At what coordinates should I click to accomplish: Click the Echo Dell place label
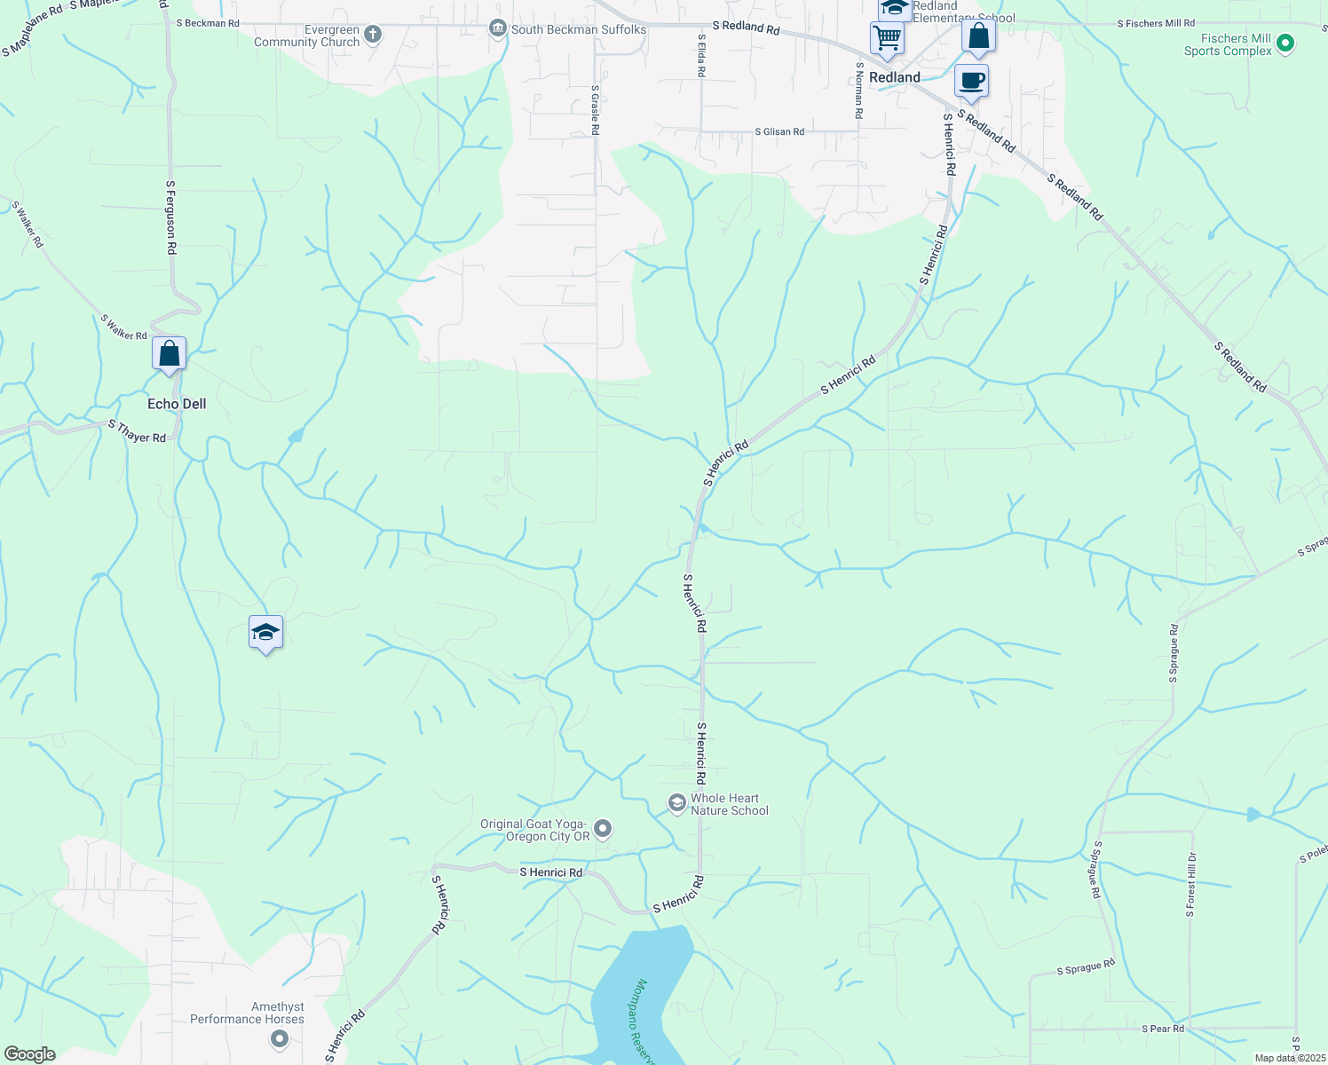[x=177, y=404]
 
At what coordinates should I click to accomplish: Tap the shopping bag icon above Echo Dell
[x=169, y=354]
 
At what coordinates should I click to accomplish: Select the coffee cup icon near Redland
[x=971, y=81]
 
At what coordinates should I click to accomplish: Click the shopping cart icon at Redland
[x=887, y=39]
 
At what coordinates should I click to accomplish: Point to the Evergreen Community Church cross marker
[x=373, y=35]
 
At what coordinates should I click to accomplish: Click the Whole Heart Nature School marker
[x=677, y=803]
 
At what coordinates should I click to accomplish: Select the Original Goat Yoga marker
[x=603, y=829]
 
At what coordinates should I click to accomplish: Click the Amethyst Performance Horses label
[x=247, y=1013]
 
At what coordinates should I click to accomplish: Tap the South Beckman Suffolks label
[x=578, y=29]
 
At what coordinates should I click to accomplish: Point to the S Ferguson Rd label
[x=170, y=218]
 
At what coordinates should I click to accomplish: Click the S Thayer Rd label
[x=137, y=431]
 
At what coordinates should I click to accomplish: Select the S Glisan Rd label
[x=779, y=131]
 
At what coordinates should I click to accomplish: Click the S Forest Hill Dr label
[x=1190, y=885]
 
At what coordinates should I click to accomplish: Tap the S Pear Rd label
[x=1163, y=1029]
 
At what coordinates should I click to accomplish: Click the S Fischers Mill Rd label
[x=1156, y=23]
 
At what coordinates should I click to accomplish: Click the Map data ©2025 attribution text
[x=1289, y=1058]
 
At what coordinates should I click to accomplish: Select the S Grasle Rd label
[x=595, y=110]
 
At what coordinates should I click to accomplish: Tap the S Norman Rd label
[x=858, y=90]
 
